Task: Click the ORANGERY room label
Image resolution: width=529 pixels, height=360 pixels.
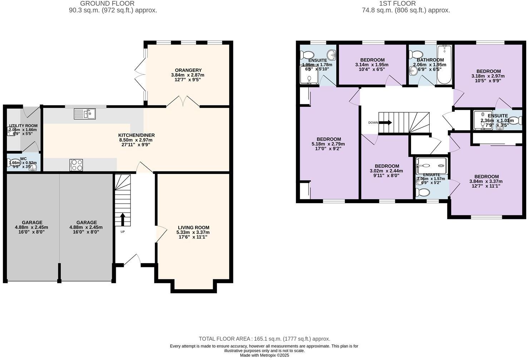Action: coord(188,70)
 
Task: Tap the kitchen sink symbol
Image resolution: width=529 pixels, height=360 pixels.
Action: coord(85,114)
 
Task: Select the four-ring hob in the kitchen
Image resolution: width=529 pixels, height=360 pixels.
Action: coord(76,165)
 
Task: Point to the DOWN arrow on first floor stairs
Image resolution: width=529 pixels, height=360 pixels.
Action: coord(385,122)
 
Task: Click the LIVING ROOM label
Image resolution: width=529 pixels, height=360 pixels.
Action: coord(193,227)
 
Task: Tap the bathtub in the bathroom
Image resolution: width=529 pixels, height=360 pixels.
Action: coord(444,64)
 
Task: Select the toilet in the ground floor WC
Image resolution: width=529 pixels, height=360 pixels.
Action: coord(14,163)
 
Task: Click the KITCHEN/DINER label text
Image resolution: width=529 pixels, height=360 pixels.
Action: coord(137,135)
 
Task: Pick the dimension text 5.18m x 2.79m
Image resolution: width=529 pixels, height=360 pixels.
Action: coord(328,144)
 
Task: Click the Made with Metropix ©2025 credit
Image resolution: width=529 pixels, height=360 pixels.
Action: coord(264,355)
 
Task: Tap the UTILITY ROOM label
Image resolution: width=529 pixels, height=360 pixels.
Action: coord(23,126)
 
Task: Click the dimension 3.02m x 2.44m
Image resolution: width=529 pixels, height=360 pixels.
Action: coord(386,171)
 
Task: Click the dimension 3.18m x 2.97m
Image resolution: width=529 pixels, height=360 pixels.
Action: coord(488,76)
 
